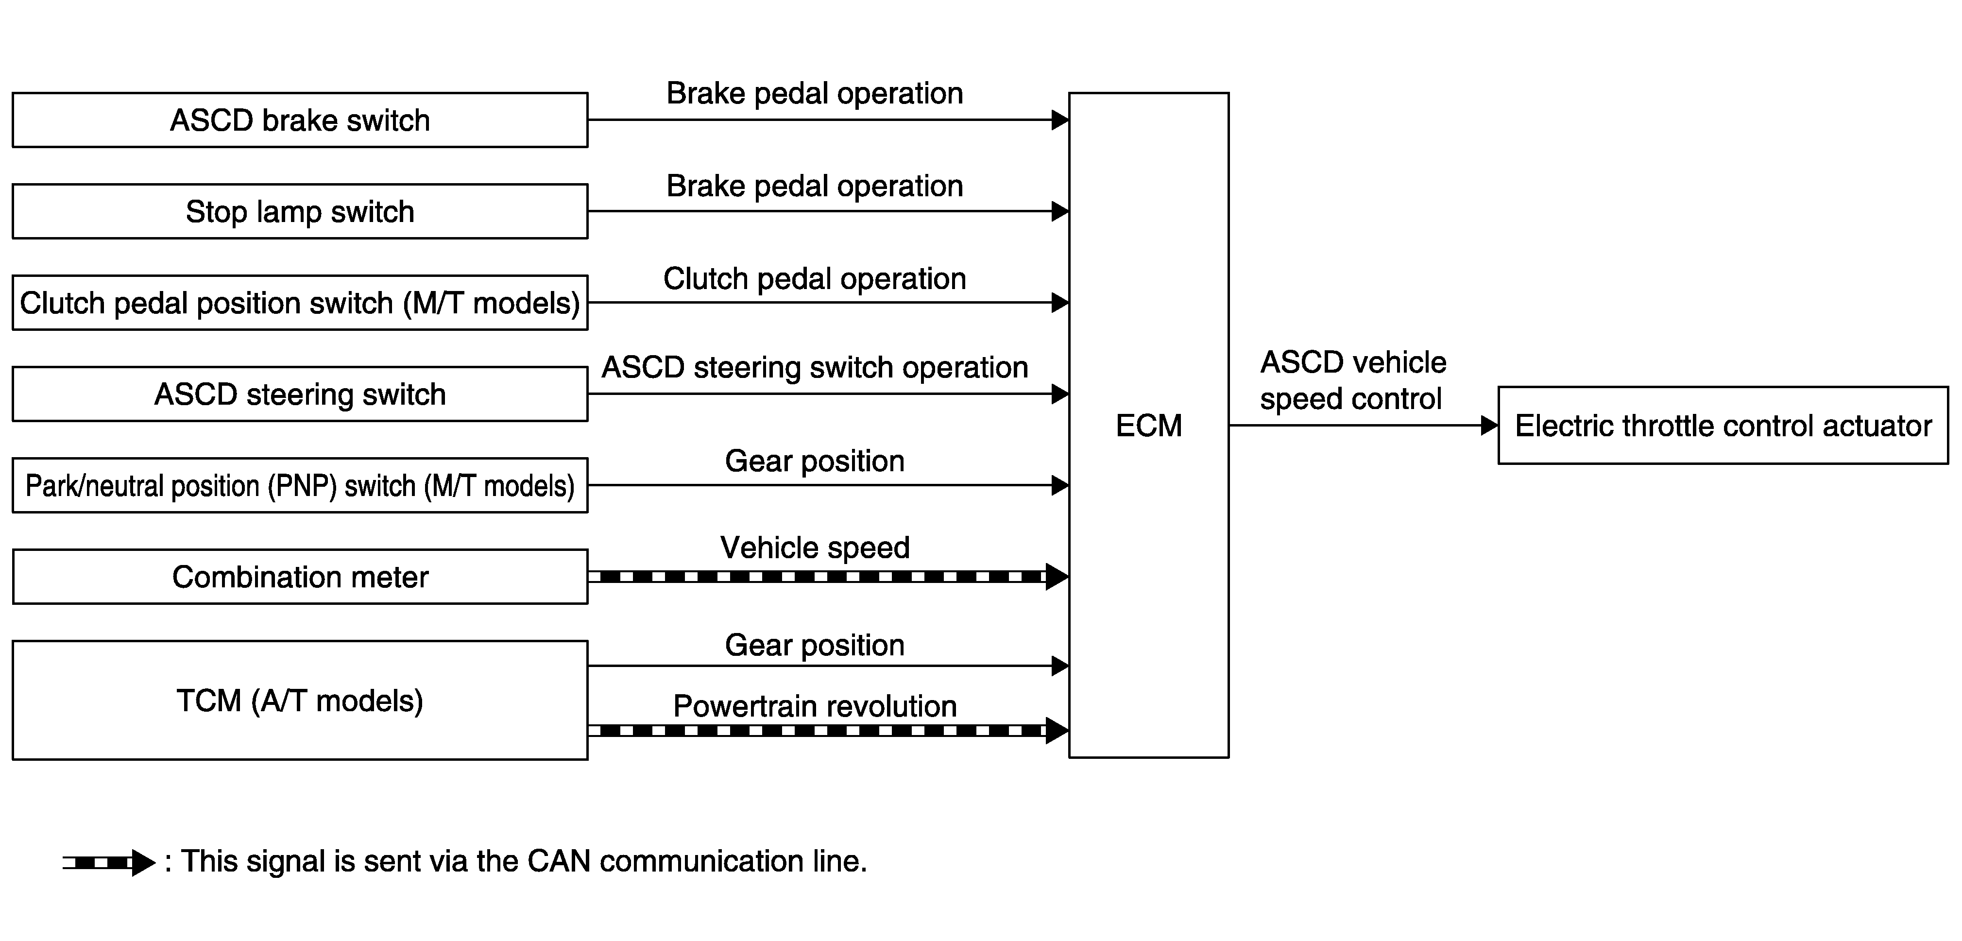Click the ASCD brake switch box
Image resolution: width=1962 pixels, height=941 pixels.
click(300, 120)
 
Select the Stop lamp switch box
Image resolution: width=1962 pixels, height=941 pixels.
click(300, 211)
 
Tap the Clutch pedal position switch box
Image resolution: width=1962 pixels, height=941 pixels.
click(300, 303)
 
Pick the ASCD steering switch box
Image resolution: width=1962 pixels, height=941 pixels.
click(300, 394)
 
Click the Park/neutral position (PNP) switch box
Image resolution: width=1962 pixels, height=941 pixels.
click(300, 485)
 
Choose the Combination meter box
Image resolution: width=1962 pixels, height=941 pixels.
click(300, 577)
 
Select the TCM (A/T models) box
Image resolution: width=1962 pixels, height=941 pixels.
click(300, 700)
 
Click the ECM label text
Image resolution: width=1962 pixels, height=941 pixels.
click(1148, 425)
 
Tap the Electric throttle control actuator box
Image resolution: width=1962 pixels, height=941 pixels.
click(1723, 425)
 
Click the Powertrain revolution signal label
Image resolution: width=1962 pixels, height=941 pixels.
click(815, 706)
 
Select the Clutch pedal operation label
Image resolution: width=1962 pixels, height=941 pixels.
click(815, 279)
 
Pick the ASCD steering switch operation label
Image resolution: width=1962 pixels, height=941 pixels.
click(815, 367)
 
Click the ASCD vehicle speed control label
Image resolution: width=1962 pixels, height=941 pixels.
click(1353, 380)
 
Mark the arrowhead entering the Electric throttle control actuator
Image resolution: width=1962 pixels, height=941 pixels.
click(1489, 425)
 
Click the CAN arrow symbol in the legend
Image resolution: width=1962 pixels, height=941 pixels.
click(109, 862)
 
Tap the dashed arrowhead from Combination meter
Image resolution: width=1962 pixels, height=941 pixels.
click(1057, 577)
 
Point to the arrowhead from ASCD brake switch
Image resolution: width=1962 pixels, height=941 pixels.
click(1060, 120)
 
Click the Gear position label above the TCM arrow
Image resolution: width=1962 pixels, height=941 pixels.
click(815, 645)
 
